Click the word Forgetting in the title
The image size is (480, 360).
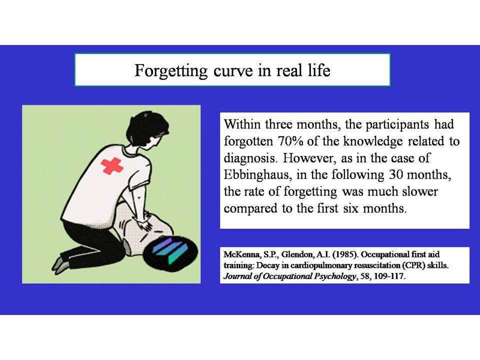pyautogui.click(x=171, y=71)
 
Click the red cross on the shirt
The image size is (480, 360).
pyautogui.click(x=111, y=166)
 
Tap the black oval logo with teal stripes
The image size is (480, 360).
pyautogui.click(x=170, y=251)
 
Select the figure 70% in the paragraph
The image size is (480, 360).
pyautogui.click(x=291, y=141)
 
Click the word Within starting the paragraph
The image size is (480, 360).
pyautogui.click(x=242, y=124)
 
